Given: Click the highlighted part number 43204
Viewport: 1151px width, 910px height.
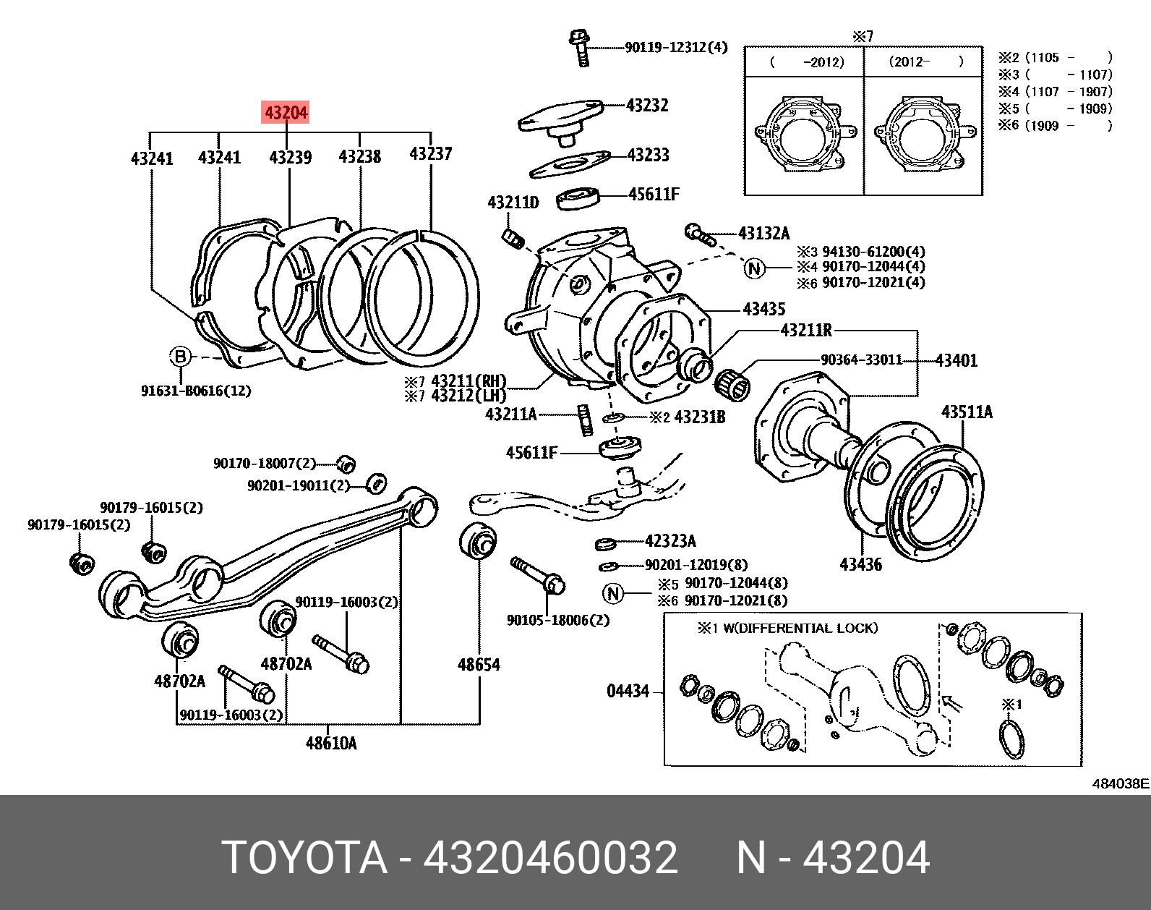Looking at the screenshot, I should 286,112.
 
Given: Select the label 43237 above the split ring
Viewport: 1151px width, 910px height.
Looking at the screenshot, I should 430,153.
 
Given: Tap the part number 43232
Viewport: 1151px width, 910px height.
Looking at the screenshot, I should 647,106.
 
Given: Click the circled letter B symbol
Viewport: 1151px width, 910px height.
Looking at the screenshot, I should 181,356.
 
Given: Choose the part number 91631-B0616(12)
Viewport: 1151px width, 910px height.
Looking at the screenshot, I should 196,391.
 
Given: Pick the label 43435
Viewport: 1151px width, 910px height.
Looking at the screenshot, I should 763,310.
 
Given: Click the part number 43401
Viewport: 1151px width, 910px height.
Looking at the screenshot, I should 956,360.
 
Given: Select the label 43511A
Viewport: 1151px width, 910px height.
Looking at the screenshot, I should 967,412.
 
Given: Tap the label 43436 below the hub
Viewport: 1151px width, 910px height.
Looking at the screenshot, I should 860,564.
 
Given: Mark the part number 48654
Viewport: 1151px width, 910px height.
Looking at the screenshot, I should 479,664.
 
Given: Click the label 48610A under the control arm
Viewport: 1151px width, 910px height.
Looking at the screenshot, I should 331,743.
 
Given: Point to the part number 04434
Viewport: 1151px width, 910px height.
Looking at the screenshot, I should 628,692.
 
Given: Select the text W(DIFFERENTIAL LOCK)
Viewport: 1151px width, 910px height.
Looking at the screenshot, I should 800,628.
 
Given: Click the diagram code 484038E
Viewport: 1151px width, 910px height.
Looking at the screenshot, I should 1120,783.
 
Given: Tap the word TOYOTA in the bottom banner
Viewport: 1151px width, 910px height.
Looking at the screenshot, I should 304,858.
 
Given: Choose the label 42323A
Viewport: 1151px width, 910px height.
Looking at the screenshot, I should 670,541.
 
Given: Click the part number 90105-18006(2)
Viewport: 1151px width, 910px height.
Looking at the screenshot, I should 558,620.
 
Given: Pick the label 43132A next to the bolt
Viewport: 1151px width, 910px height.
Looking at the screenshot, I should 764,233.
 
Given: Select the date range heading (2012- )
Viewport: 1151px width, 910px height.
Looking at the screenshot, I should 924,62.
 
